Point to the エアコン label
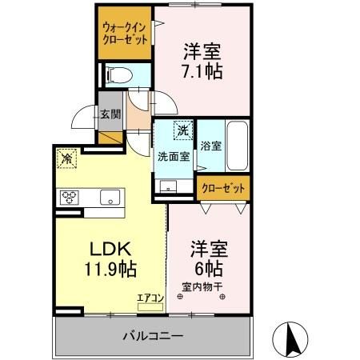coord(150,298)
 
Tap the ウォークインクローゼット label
coord(124,34)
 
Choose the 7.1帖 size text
coord(202,70)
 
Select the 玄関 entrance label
coord(110,114)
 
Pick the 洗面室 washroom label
coord(173,156)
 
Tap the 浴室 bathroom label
coord(211,147)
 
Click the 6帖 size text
coord(206,268)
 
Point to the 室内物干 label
coord(201,286)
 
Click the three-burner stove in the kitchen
coord(68,197)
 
